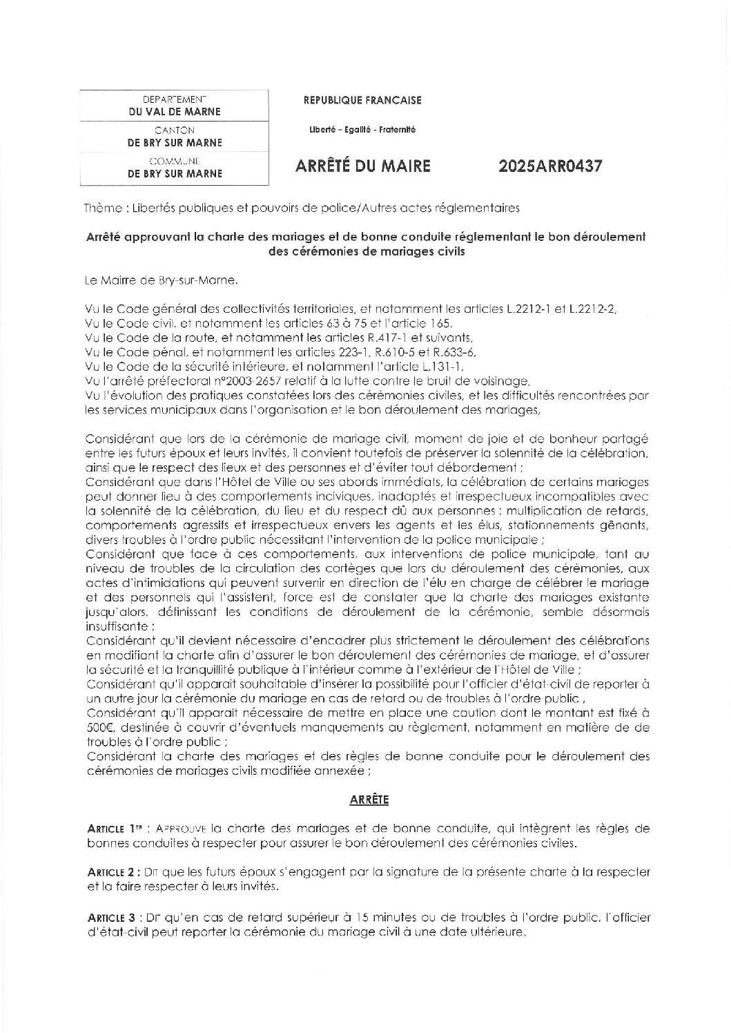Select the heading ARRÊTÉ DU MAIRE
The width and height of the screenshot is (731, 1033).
coord(363,166)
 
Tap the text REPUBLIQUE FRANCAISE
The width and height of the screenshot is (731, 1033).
coord(362,101)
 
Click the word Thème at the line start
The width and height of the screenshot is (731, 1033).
coord(99,206)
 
